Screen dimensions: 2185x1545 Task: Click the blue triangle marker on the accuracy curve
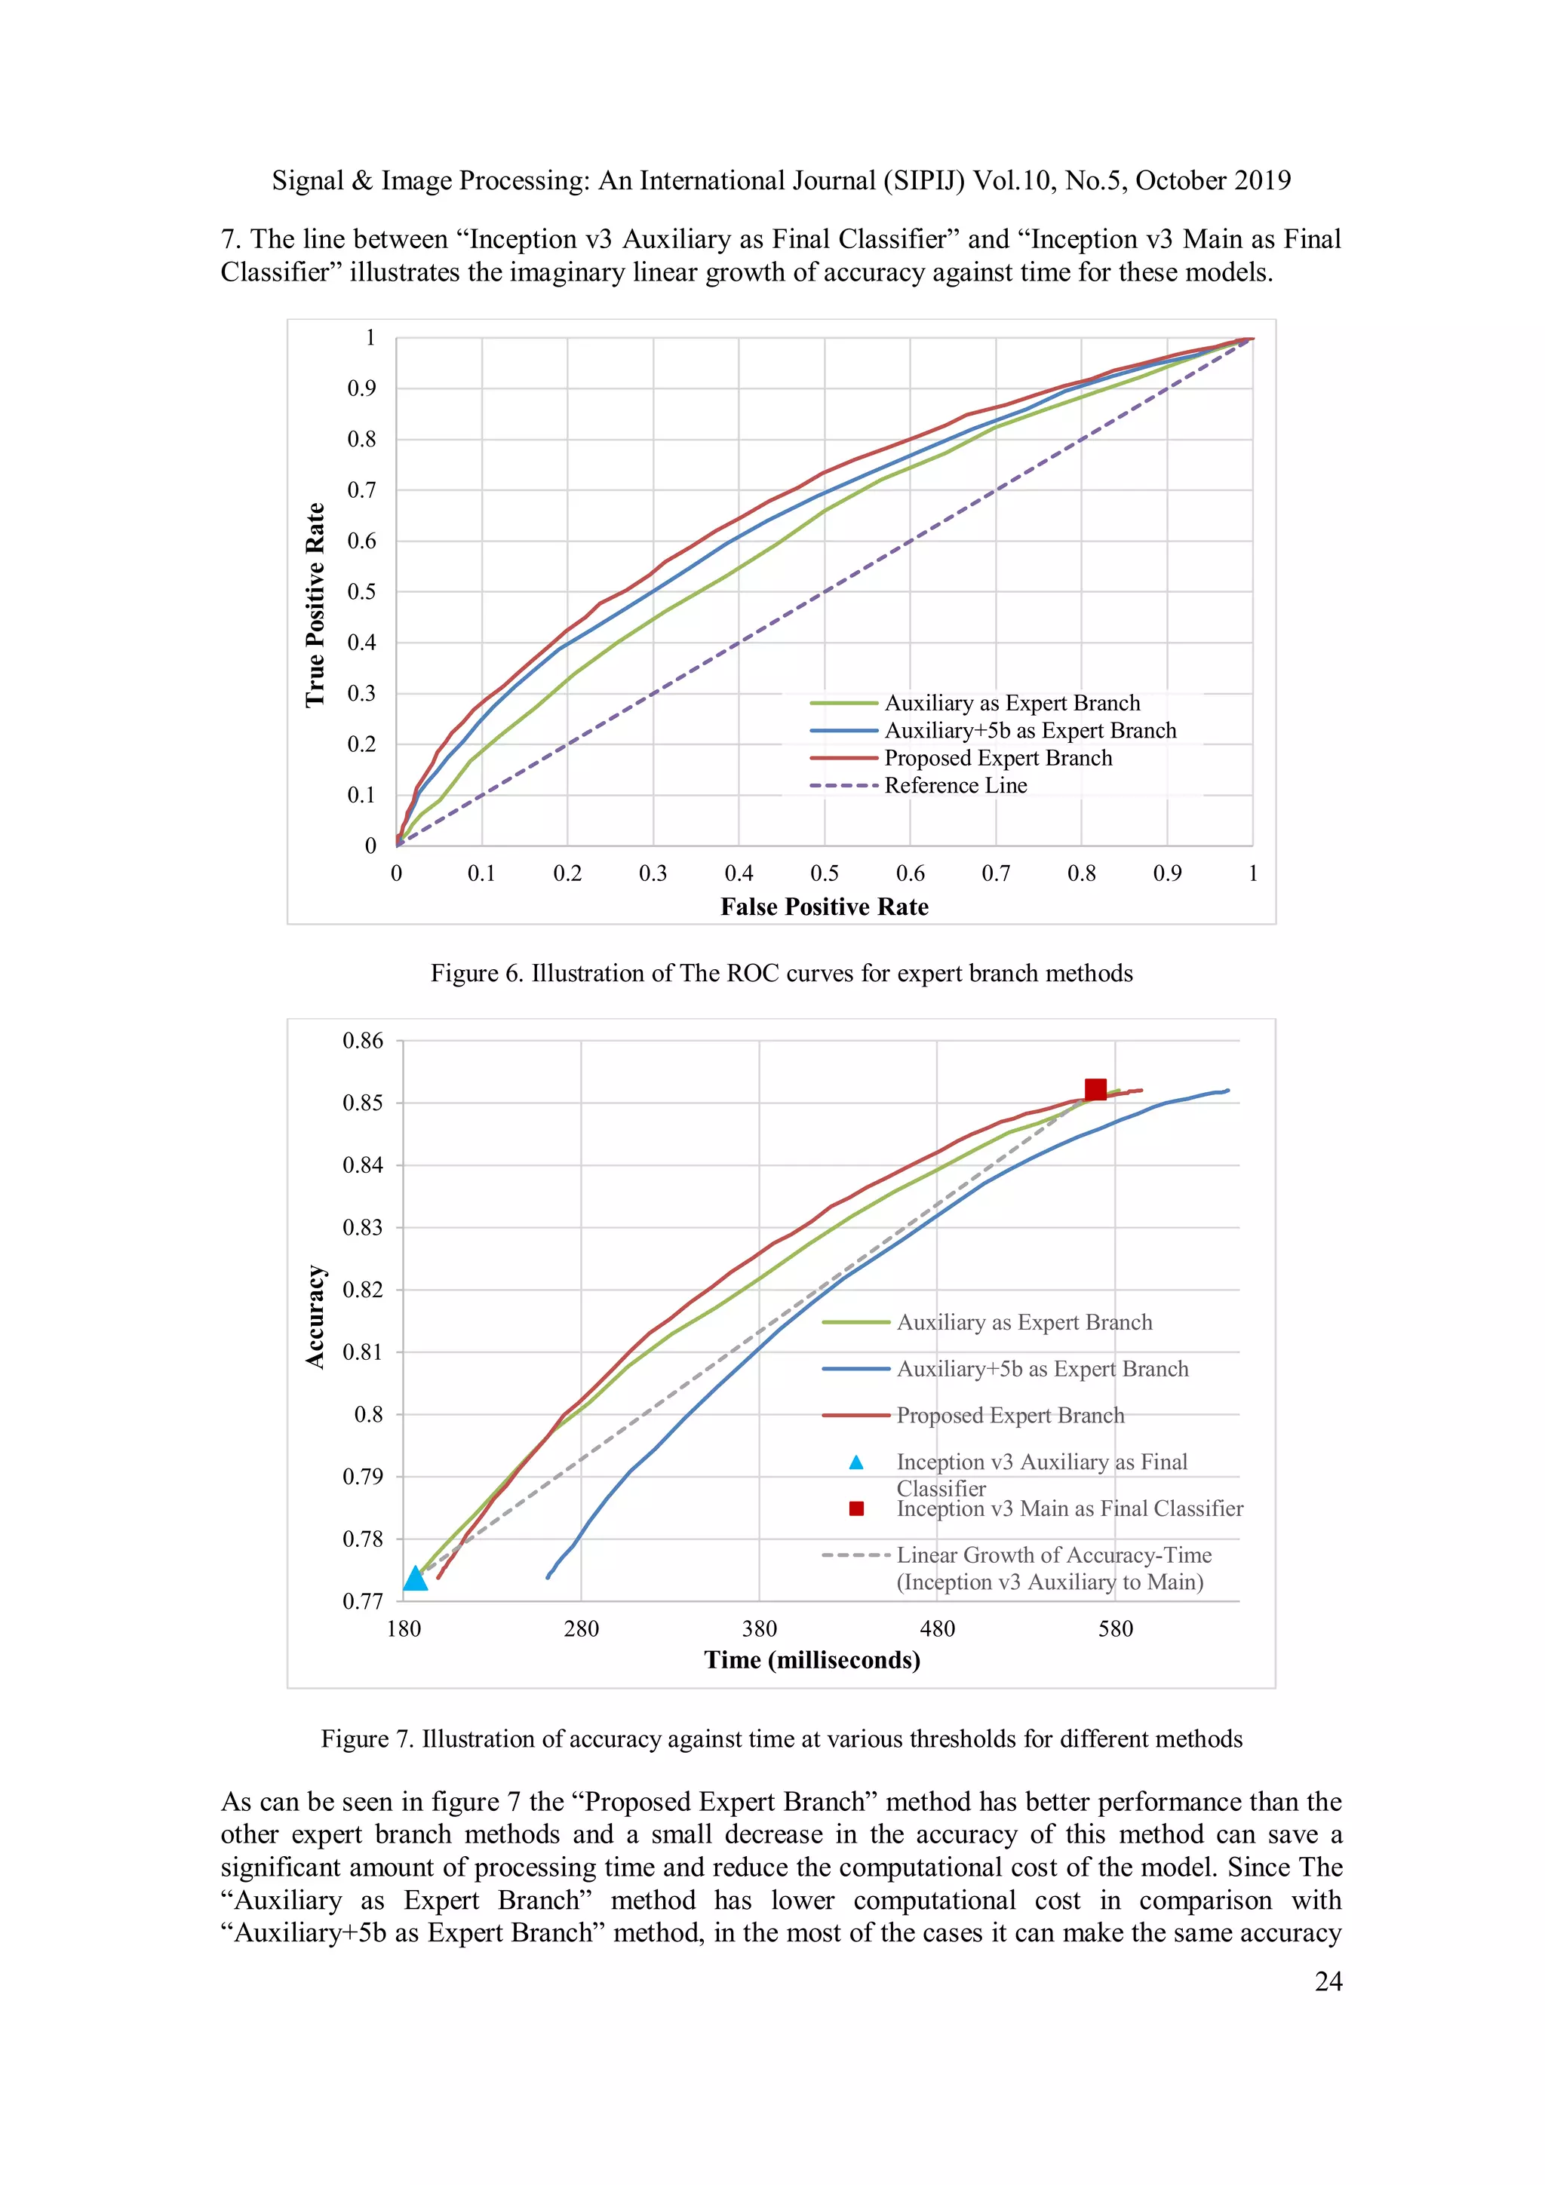pos(416,1578)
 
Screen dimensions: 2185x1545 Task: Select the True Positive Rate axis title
pos(315,605)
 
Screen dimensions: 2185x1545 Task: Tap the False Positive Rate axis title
pos(825,907)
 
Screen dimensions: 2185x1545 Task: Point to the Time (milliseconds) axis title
pos(812,1660)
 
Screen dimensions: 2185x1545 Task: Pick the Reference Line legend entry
pos(955,785)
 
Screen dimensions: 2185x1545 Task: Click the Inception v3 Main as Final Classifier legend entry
pos(1069,1508)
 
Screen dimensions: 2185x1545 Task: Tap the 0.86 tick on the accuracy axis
pos(363,1040)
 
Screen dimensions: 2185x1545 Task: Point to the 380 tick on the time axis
pos(760,1628)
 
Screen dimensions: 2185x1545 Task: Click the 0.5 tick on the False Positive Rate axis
pos(825,873)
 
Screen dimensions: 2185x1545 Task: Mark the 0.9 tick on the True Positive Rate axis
pos(362,388)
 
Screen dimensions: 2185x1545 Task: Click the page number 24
pos(1328,1981)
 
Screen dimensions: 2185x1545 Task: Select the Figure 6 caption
pos(782,973)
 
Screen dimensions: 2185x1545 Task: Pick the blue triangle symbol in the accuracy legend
pos(855,1462)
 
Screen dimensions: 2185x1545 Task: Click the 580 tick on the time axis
pos(1116,1628)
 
